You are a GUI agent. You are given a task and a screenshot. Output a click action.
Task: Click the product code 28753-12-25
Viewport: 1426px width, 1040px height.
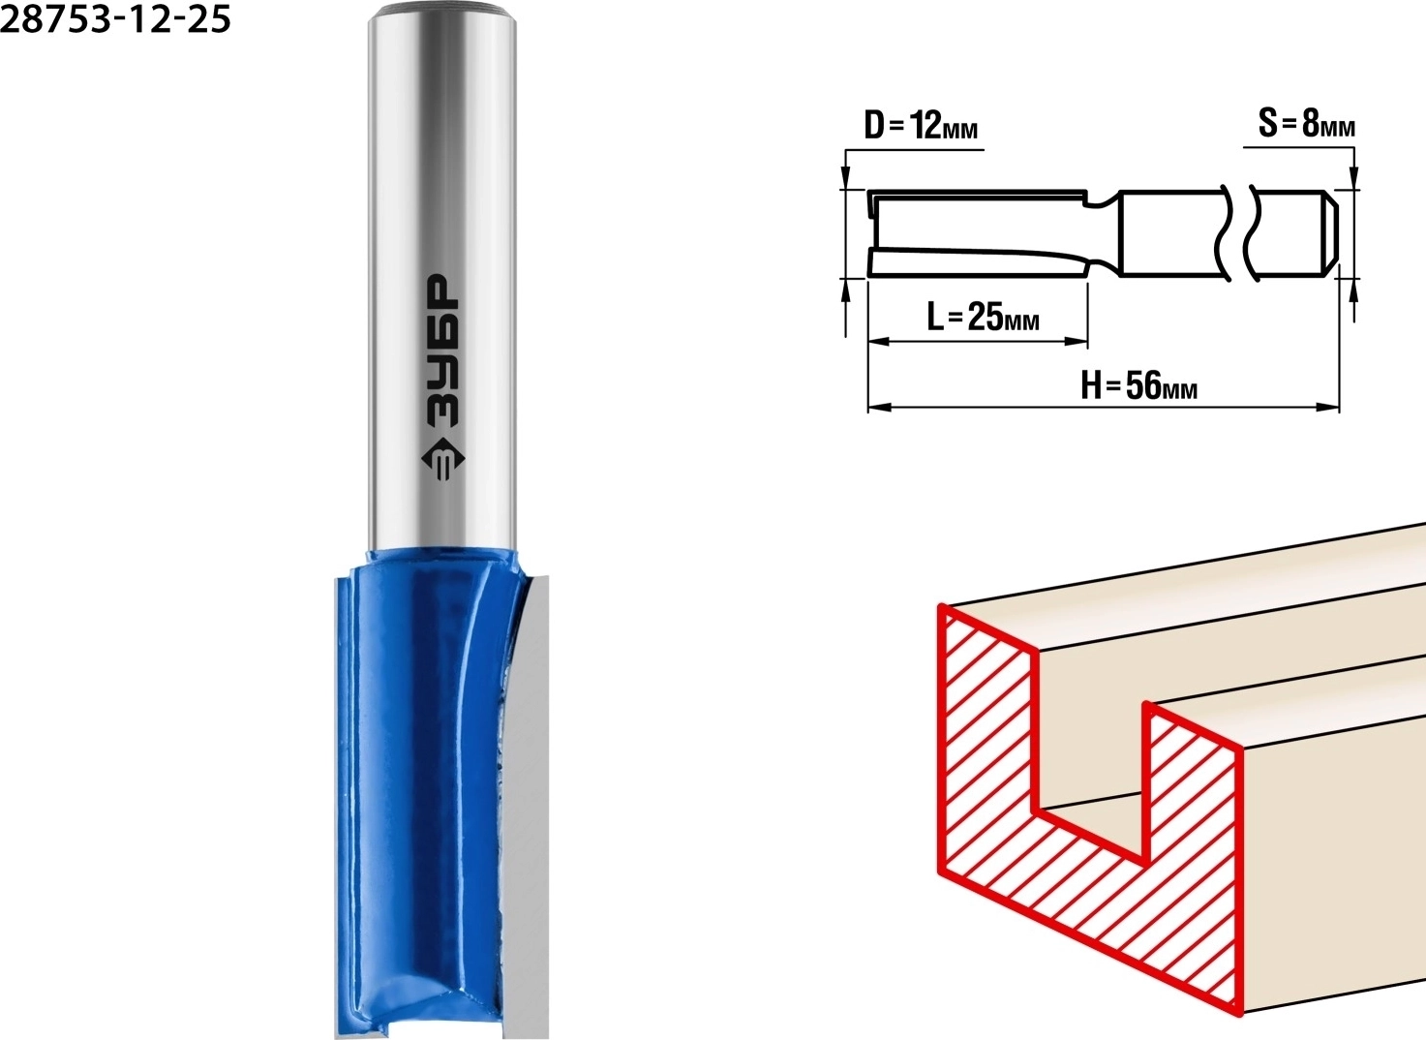(115, 19)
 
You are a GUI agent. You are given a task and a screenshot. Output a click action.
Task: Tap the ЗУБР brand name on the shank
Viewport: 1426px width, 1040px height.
(440, 351)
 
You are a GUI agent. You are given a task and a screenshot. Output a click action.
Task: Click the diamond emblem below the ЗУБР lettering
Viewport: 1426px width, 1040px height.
(443, 460)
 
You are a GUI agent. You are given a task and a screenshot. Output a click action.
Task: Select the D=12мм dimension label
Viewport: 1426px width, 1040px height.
(921, 126)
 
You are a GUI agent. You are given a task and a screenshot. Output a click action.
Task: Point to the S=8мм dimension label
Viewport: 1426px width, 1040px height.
(1307, 123)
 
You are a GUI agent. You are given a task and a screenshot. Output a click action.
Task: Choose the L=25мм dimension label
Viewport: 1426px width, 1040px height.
(983, 316)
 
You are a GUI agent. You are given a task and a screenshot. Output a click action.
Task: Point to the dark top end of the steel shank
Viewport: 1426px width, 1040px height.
(442, 9)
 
